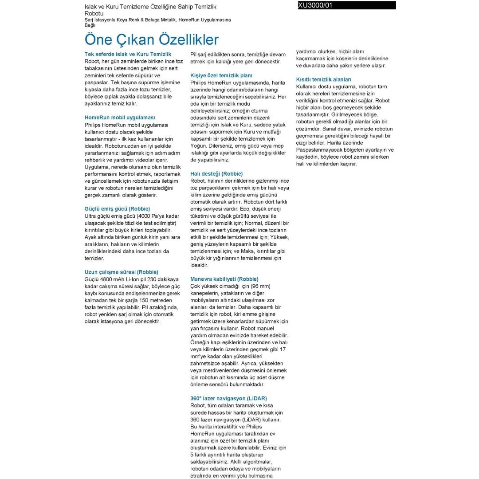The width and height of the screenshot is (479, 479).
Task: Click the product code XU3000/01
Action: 315,5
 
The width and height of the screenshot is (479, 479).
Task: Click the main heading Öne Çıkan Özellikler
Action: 151,39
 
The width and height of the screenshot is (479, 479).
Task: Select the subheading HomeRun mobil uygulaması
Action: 120,118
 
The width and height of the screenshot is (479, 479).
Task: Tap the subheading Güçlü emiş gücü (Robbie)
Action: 117,208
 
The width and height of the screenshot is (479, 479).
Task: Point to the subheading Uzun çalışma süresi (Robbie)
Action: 121,272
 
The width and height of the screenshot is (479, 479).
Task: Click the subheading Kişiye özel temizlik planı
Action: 221,75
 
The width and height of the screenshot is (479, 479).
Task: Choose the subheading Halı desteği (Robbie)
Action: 216,173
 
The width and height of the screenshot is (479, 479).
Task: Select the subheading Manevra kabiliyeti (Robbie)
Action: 224,279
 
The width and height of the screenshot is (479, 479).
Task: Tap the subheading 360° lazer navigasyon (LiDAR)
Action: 228,398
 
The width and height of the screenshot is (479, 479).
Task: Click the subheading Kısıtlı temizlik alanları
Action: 324,79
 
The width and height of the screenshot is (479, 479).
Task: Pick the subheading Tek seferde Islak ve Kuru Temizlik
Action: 128,54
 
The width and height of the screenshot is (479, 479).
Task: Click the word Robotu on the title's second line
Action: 94,14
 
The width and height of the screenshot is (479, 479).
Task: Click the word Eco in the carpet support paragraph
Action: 245,208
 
